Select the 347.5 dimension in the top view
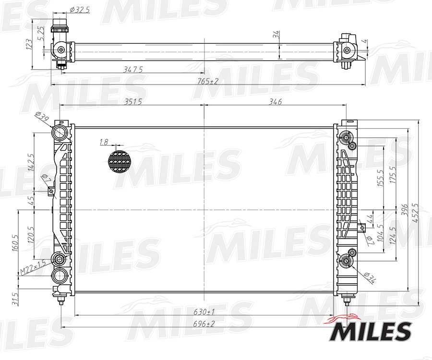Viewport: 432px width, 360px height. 133,70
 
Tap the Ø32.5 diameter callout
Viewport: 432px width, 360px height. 79,10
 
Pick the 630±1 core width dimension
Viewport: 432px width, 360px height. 204,312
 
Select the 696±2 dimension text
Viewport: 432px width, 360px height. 204,324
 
